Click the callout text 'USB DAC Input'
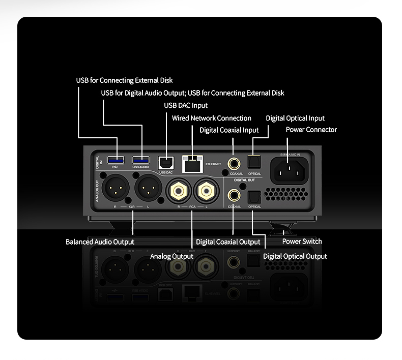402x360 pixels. pyautogui.click(x=186, y=105)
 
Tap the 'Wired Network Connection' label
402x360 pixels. pyautogui.click(x=212, y=118)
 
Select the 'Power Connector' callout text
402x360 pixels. pyautogui.click(x=311, y=130)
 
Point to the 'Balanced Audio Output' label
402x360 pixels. pyautogui.click(x=100, y=242)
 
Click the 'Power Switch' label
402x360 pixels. pyautogui.click(x=302, y=241)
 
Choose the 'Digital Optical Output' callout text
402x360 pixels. pyautogui.click(x=295, y=256)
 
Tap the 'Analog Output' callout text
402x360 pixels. pyautogui.click(x=171, y=256)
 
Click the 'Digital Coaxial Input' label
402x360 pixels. pyautogui.click(x=229, y=130)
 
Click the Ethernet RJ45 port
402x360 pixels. pyautogui.click(x=192, y=163)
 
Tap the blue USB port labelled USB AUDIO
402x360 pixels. pyautogui.click(x=141, y=159)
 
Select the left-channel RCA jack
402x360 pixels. pyautogui.click(x=207, y=192)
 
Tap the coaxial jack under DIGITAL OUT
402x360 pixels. pyautogui.click(x=235, y=195)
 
